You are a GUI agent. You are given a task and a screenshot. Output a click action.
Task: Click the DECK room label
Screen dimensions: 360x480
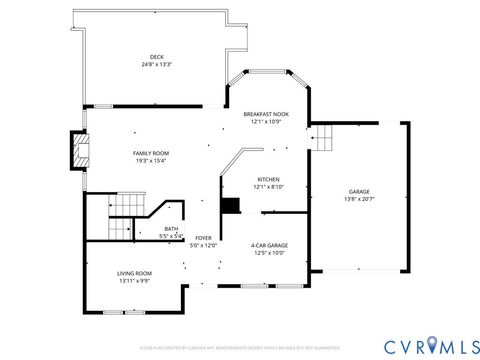click(x=157, y=57)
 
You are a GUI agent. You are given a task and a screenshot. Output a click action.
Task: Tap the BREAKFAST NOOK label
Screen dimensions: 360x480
click(x=266, y=114)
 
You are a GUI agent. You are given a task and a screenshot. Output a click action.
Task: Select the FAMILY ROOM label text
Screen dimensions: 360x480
click(x=151, y=152)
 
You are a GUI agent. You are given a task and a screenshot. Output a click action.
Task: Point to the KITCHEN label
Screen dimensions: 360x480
click(x=267, y=179)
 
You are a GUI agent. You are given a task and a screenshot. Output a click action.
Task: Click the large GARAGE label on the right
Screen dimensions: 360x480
click(x=359, y=191)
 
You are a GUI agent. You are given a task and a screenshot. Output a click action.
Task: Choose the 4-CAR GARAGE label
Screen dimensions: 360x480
click(x=269, y=245)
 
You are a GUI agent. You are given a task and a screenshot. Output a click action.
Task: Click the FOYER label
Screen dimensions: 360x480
click(x=203, y=238)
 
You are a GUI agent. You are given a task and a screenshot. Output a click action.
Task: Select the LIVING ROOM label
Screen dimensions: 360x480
click(x=135, y=273)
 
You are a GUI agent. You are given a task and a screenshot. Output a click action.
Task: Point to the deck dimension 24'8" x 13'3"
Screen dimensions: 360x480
click(x=157, y=65)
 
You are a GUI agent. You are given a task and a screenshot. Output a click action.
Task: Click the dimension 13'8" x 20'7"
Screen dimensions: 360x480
click(x=359, y=199)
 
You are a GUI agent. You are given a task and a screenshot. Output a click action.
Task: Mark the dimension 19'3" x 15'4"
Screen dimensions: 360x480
click(x=151, y=160)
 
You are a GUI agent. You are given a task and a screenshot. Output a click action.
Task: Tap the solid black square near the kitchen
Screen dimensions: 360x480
click(x=231, y=205)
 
